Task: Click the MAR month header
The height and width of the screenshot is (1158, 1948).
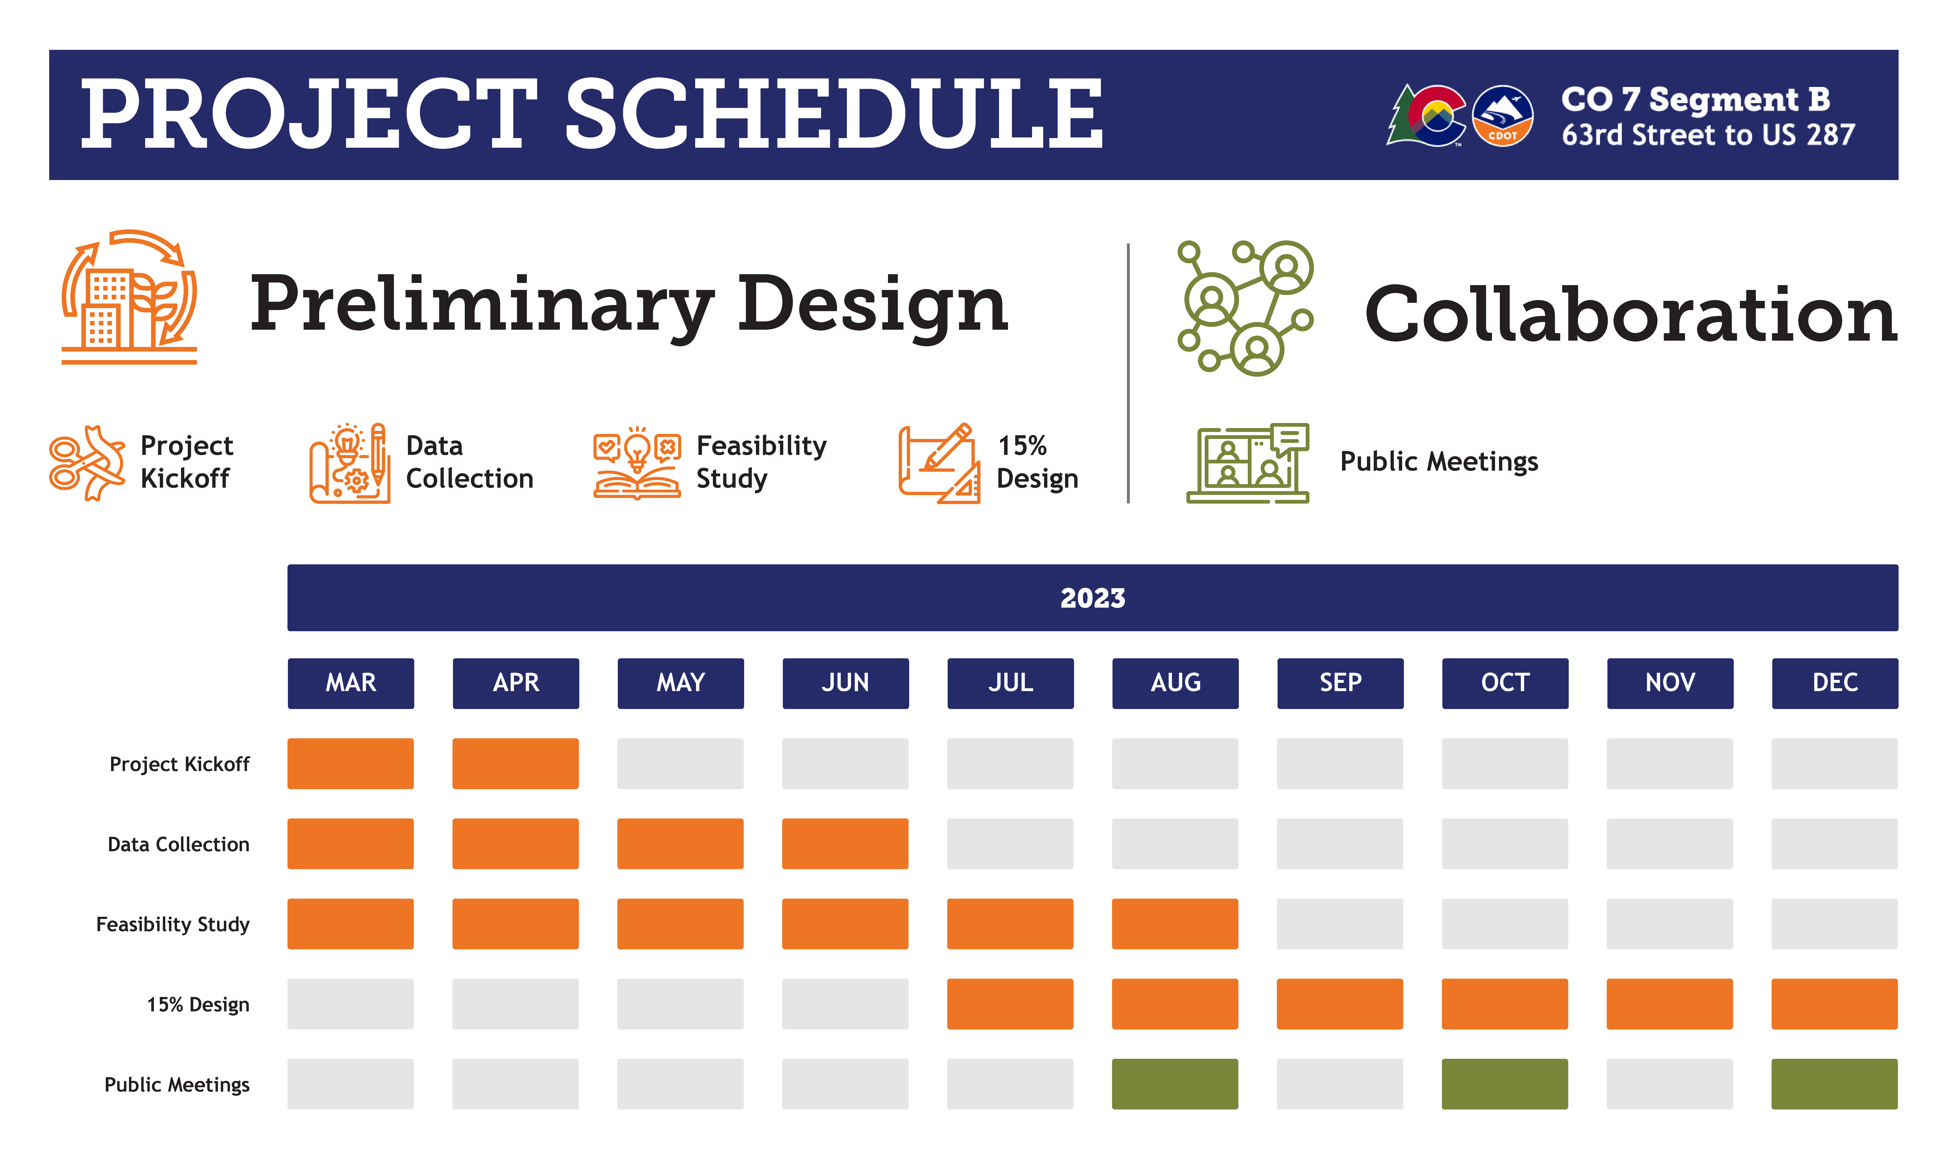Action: point(351,683)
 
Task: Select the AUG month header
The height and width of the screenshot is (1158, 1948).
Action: point(1175,683)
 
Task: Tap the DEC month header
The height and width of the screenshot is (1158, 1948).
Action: point(1835,683)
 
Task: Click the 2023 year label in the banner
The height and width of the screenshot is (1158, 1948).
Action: point(1092,598)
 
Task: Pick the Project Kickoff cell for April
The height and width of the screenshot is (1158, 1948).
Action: point(515,763)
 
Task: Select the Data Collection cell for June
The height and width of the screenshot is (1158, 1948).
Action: point(845,844)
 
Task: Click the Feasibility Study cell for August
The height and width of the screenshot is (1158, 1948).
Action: point(1175,924)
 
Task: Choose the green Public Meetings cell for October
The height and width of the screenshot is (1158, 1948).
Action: point(1504,1084)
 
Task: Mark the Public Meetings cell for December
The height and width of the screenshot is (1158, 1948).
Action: point(1835,1084)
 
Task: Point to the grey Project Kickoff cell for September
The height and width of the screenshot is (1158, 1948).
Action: point(1340,763)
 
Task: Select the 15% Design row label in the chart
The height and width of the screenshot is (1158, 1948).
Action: point(198,1004)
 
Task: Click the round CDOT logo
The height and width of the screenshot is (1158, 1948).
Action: point(1502,116)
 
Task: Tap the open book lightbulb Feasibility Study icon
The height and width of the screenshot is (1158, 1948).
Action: point(637,463)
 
